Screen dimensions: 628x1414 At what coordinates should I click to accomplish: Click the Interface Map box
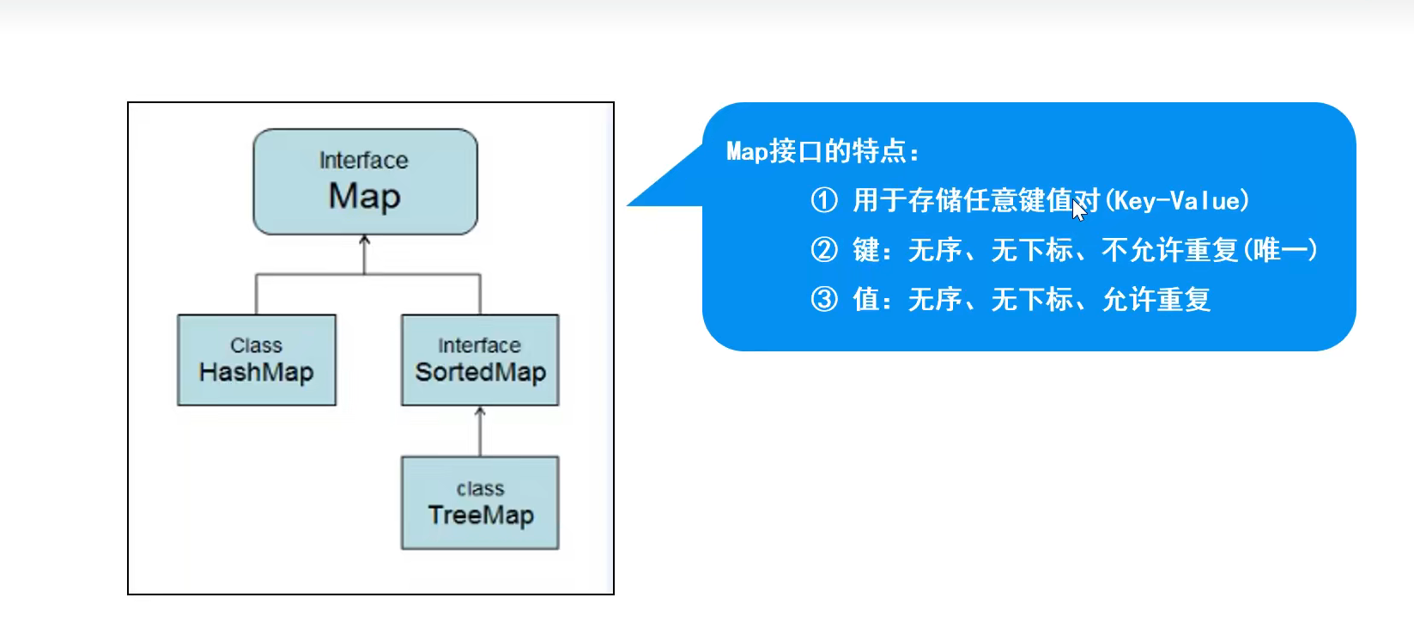pos(365,182)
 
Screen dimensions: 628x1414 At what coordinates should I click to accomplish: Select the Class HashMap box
pos(257,360)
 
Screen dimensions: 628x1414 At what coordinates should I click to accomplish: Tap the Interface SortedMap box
pos(480,360)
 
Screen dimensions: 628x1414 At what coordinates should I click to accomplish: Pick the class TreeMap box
pos(480,503)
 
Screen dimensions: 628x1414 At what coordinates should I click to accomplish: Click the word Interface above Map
pos(364,161)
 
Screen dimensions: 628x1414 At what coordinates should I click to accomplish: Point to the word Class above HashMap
pos(256,345)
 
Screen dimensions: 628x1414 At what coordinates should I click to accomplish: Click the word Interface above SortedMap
pos(479,345)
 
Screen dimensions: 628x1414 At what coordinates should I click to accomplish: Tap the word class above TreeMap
pos(480,489)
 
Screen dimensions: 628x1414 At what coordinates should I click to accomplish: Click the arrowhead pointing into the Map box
pos(365,241)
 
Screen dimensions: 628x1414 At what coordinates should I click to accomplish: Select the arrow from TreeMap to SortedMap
pos(480,430)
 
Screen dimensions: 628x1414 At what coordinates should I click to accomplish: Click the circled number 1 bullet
pos(824,200)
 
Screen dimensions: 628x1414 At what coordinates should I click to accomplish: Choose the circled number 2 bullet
pos(824,250)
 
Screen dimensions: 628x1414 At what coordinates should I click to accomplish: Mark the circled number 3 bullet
pos(824,299)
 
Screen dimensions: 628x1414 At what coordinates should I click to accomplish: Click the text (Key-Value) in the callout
pos(1177,201)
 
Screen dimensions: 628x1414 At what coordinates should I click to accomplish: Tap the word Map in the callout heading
pos(747,152)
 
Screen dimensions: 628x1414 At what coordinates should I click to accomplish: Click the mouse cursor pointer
pos(1078,210)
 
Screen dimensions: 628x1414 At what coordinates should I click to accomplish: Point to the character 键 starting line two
pos(865,250)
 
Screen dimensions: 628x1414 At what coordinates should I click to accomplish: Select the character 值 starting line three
pos(865,299)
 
